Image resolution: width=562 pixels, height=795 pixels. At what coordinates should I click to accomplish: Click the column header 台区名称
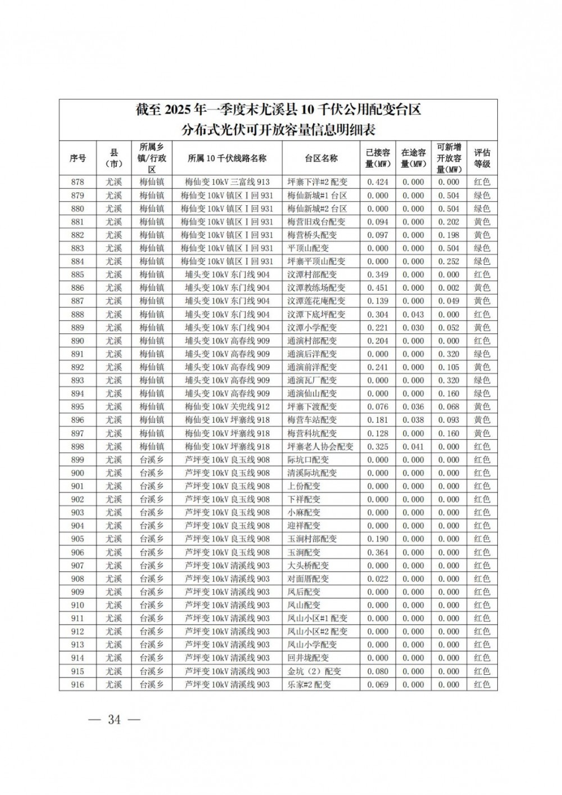[x=321, y=159]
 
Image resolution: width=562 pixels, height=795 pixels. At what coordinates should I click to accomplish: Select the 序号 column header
[x=78, y=159]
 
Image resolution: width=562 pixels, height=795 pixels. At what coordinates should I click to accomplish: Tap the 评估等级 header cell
[x=482, y=159]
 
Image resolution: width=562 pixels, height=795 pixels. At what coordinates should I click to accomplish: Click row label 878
[x=78, y=182]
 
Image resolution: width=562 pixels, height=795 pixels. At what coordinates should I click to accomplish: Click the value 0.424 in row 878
[x=377, y=182]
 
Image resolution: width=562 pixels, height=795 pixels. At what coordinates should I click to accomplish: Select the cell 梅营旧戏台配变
[x=316, y=222]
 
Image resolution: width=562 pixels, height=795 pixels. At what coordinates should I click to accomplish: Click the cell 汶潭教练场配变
[x=316, y=288]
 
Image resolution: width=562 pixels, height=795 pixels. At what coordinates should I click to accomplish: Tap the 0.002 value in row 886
[x=448, y=288]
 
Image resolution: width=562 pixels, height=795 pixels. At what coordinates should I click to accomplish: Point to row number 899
[x=78, y=460]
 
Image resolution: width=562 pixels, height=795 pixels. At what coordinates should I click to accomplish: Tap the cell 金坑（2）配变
[x=314, y=671]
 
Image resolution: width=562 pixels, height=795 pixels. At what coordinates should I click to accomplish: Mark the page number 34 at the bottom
[x=114, y=720]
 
